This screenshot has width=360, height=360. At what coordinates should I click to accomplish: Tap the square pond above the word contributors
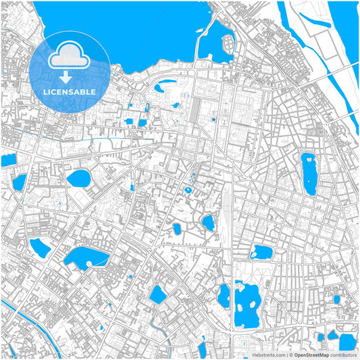point(347,340)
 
